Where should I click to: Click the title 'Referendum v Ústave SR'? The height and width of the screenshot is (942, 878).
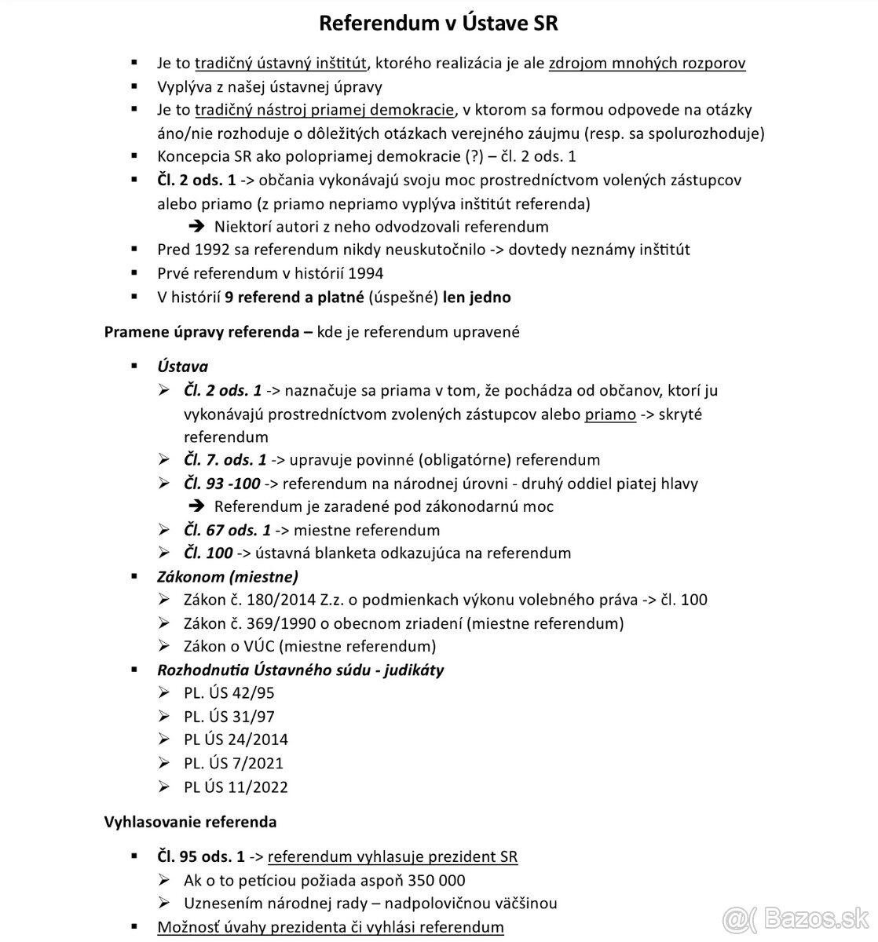(x=438, y=23)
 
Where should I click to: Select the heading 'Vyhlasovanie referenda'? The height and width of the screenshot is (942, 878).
(x=190, y=822)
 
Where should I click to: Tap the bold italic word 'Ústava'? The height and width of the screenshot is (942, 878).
(x=182, y=366)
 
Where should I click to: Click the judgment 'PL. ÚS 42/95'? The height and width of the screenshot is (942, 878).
(x=229, y=693)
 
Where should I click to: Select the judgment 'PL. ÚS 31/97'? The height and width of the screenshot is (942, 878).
(x=229, y=716)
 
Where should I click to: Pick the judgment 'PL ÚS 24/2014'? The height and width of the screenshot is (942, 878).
(x=236, y=739)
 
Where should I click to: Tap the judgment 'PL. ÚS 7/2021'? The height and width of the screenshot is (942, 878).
(x=233, y=763)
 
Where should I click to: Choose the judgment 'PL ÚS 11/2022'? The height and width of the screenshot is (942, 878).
(x=236, y=787)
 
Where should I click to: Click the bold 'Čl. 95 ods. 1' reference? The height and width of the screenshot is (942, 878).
(x=196, y=856)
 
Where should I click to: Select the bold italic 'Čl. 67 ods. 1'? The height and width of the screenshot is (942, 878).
(x=227, y=530)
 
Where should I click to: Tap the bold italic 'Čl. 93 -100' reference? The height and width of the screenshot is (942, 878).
(x=221, y=484)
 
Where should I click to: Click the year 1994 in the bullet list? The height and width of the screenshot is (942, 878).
(x=365, y=273)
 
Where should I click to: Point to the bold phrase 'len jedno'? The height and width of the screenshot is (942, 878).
(x=477, y=297)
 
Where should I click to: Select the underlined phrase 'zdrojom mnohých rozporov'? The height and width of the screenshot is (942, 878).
(x=647, y=63)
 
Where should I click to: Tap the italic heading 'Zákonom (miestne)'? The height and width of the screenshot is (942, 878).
(x=228, y=577)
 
